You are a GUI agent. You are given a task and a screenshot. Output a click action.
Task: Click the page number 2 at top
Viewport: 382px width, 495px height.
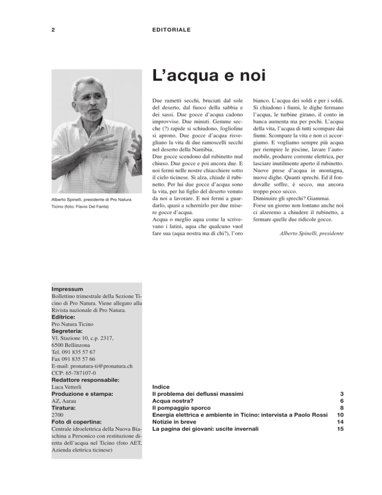[x=53, y=29]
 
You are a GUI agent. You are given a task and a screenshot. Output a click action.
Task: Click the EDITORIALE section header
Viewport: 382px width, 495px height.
[x=172, y=29]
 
